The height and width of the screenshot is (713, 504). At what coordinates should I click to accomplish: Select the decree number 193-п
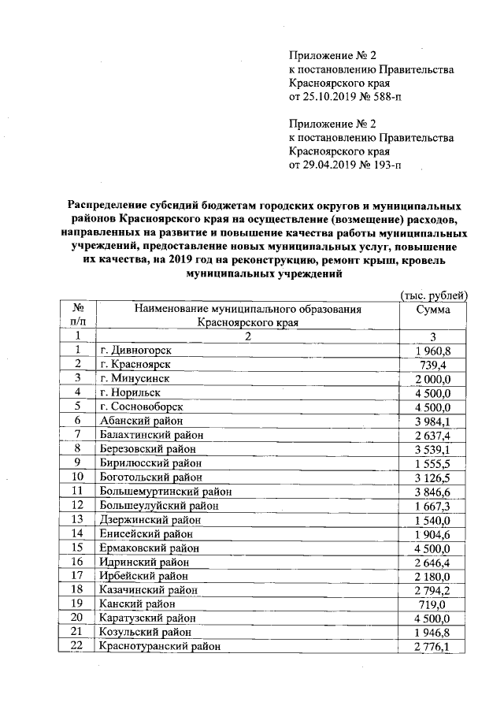pyautogui.click(x=381, y=165)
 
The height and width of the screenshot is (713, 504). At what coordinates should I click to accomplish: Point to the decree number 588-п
pyautogui.click(x=381, y=97)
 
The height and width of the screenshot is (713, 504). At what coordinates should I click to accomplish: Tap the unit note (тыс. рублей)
pyautogui.click(x=435, y=295)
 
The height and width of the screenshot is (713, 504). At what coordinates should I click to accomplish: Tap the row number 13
pyautogui.click(x=77, y=519)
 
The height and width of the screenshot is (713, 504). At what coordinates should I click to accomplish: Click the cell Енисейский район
pyautogui.click(x=141, y=533)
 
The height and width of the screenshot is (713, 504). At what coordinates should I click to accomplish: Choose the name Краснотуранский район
pyautogui.click(x=158, y=646)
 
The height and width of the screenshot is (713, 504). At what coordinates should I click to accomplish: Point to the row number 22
pyautogui.click(x=77, y=646)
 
